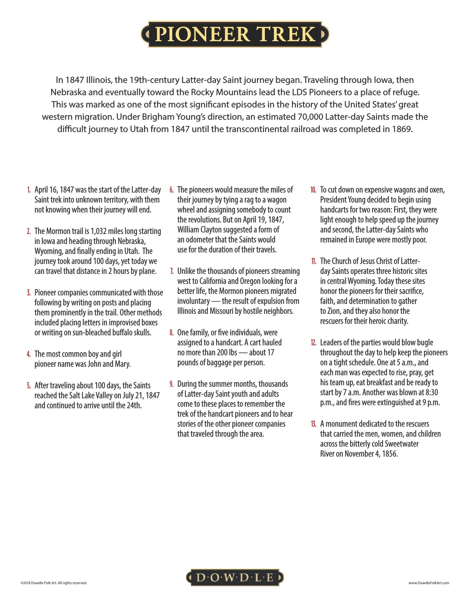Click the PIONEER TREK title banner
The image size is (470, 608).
point(235,34)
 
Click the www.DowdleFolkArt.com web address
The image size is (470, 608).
point(429,583)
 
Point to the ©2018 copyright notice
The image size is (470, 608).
point(54,583)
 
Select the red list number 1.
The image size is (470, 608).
point(29,190)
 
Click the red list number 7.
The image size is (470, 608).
point(172,271)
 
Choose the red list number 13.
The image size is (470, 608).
point(314,424)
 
